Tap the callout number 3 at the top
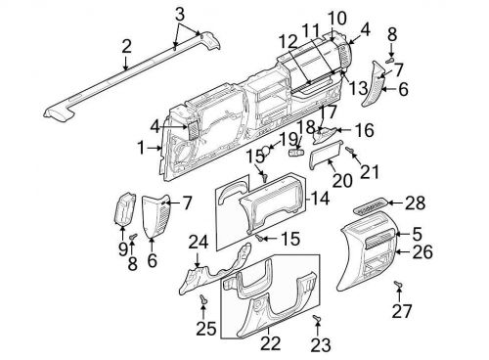pyautogui.click(x=179, y=14)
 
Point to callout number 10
pyautogui.click(x=337, y=17)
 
